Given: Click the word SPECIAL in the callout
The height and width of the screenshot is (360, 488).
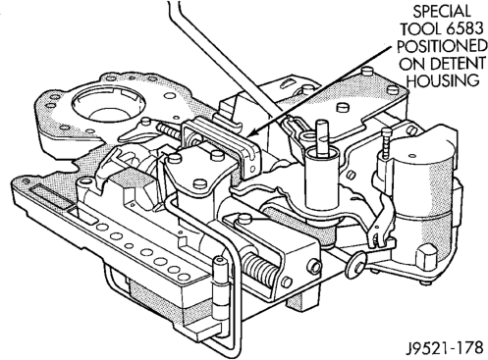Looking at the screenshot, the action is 442,12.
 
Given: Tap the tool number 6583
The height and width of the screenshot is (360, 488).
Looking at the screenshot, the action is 465,29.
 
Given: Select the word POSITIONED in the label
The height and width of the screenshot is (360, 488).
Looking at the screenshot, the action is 442,46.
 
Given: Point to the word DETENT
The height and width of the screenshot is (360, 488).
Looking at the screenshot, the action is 458,64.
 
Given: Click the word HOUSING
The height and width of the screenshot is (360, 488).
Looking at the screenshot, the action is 442,80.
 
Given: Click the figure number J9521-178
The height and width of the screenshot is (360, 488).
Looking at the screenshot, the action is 445,348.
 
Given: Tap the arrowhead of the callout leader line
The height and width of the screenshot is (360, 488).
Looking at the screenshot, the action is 251,133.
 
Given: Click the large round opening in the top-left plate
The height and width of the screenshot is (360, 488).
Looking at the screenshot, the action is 108,105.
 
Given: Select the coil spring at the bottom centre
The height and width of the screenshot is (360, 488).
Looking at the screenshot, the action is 259,268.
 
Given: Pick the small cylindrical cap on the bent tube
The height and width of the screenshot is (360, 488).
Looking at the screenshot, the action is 220,262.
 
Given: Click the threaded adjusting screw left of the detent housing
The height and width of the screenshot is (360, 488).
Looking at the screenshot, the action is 169,131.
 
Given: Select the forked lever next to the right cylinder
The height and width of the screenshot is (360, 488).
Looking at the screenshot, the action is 381,223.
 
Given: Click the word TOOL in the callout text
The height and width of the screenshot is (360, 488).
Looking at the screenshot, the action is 422,29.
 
